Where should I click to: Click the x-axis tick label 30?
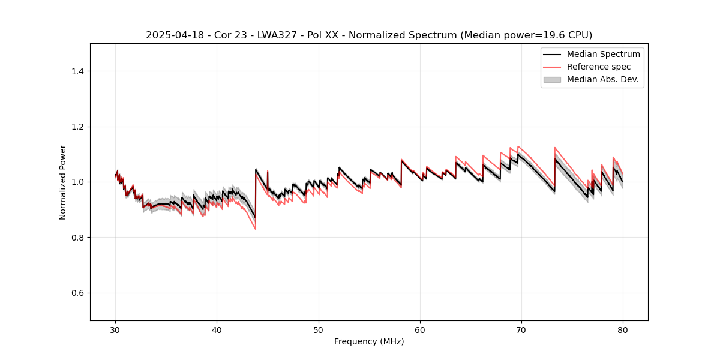click(x=115, y=329)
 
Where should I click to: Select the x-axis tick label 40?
click(x=217, y=329)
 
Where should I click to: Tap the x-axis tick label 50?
click(x=319, y=329)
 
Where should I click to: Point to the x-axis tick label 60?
click(x=420, y=329)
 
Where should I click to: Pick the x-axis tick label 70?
click(x=521, y=329)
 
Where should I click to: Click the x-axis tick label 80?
click(x=623, y=329)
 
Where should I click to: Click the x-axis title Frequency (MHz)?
click(x=369, y=341)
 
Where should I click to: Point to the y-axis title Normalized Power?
click(x=63, y=182)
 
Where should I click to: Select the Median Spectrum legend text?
click(x=603, y=54)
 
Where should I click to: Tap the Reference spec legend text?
click(x=599, y=67)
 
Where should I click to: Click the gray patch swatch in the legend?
click(x=552, y=79)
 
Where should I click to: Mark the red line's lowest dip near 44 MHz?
click(x=255, y=229)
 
